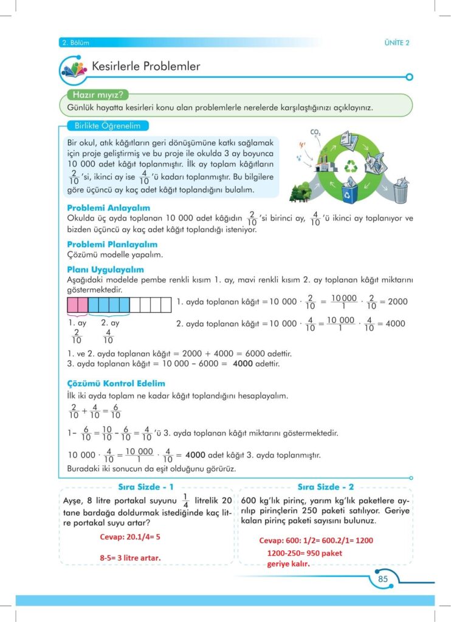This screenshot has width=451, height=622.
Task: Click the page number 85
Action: point(383,579)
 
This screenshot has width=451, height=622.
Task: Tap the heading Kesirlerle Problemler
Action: point(145,66)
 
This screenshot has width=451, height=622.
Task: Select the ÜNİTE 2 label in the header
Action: point(397,43)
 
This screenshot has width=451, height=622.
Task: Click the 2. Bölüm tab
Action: point(75,43)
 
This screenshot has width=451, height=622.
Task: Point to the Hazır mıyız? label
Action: point(98,95)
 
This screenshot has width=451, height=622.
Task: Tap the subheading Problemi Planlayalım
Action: point(112,244)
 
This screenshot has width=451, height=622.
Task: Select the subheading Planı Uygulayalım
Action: point(106,269)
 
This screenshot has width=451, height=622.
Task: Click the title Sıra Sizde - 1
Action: point(145,487)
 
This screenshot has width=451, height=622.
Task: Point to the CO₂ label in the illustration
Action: point(315,132)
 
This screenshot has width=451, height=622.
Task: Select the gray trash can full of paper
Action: point(401,191)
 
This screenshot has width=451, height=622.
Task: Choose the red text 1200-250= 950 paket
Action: point(305,553)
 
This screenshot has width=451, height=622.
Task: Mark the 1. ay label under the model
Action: point(78,323)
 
